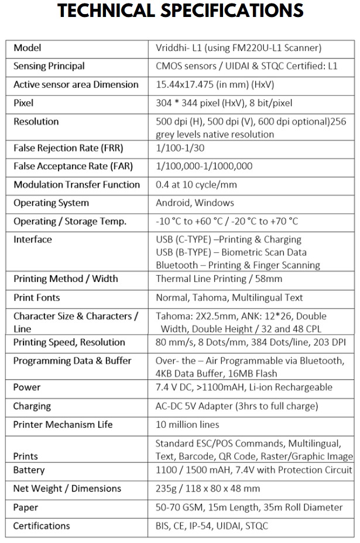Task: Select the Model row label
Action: point(28,48)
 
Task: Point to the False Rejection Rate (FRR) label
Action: point(68,148)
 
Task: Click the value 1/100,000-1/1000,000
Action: point(204,166)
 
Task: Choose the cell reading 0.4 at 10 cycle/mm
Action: point(197,184)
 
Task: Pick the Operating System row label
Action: point(52,203)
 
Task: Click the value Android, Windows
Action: point(195,203)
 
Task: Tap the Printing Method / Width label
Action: point(66,279)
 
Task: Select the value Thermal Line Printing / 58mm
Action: point(219,279)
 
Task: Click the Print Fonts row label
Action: point(37,298)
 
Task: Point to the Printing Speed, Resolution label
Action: point(69,342)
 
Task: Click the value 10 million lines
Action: point(187,424)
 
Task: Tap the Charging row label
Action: point(32,406)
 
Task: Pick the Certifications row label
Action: point(42,525)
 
